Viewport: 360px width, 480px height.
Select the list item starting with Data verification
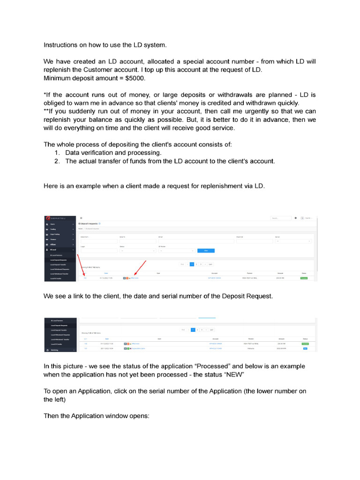[113, 153]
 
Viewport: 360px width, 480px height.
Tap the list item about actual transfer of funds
[170, 161]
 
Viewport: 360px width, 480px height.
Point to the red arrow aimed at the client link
[140, 268]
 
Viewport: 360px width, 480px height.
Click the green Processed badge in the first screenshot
[304, 278]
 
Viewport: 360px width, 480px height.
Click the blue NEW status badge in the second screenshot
[305, 348]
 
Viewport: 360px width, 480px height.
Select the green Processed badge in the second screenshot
[305, 344]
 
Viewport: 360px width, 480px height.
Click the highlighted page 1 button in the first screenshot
[192, 264]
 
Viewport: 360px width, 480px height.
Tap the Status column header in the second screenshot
[305, 338]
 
